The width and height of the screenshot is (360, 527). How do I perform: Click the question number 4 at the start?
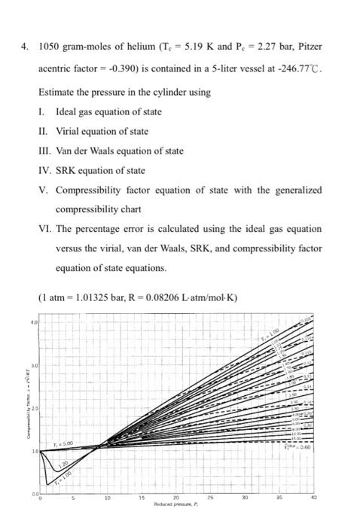point(23,46)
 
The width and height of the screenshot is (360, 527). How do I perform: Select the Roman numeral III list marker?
point(44,151)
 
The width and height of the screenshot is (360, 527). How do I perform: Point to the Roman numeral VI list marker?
point(44,228)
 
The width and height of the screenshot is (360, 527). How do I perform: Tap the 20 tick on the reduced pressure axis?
point(176,497)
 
